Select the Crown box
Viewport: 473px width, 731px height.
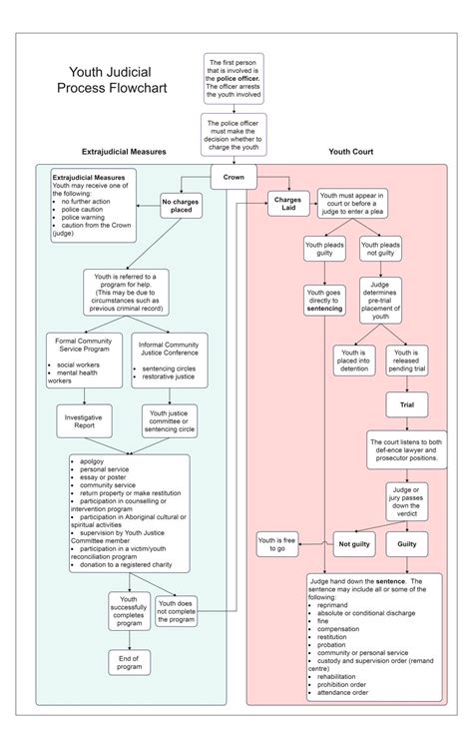[235, 177]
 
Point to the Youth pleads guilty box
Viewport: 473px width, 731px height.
[325, 249]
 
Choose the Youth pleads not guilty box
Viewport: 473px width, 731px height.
[381, 249]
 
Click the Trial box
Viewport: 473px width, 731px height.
[407, 404]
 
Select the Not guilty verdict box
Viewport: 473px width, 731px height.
[354, 544]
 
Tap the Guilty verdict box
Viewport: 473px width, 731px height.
[407, 544]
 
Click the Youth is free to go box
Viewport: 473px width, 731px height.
[278, 544]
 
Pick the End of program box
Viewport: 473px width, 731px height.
[129, 663]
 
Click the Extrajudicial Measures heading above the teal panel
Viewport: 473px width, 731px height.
[124, 152]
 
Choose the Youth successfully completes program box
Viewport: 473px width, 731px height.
[129, 613]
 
